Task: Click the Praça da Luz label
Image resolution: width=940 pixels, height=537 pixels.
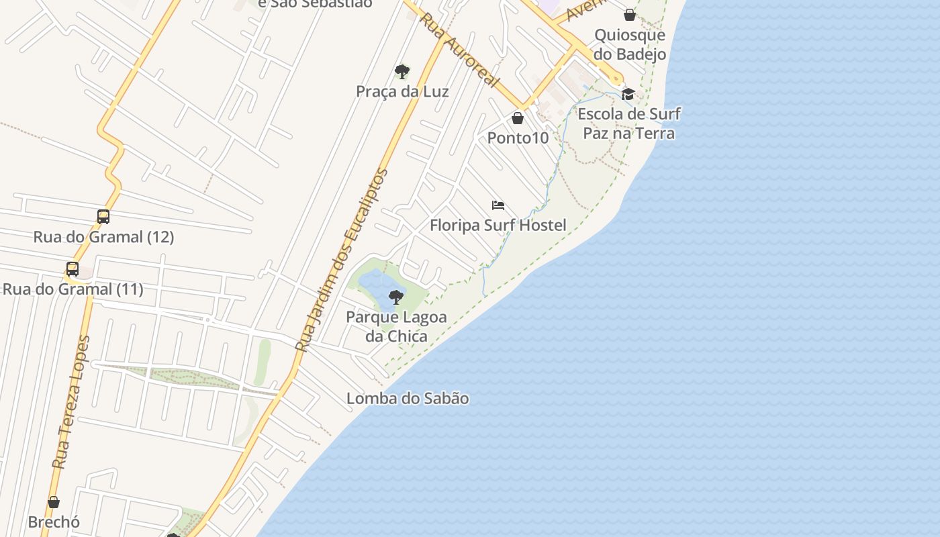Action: [402, 91]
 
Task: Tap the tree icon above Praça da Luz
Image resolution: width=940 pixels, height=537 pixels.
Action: [402, 71]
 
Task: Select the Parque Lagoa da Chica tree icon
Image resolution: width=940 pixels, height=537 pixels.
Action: [396, 297]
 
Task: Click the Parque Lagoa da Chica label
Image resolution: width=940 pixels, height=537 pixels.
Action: [396, 326]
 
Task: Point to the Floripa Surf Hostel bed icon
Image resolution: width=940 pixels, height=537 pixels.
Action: [498, 205]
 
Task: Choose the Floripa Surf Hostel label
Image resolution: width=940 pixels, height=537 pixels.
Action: [498, 225]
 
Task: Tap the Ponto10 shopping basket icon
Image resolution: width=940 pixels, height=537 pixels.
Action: [518, 119]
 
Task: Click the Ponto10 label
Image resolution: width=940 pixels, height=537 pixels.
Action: [518, 138]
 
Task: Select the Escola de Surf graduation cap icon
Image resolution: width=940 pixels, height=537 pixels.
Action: [628, 94]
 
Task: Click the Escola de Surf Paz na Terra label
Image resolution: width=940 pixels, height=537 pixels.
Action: [628, 124]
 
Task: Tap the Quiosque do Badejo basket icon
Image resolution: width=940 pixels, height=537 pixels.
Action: [630, 15]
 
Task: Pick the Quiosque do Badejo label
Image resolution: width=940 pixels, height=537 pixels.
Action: [630, 44]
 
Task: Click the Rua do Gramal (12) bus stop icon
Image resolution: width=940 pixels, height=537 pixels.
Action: [103, 217]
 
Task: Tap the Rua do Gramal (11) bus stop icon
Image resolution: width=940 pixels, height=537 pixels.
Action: [73, 269]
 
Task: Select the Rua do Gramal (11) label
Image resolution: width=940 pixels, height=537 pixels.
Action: [73, 289]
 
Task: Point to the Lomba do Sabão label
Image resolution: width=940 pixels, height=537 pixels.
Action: [408, 398]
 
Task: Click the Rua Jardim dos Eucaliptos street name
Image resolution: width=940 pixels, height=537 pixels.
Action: [343, 260]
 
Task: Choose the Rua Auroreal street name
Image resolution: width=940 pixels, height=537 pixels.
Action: [460, 50]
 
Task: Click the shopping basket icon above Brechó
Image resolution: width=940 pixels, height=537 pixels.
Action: [54, 502]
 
